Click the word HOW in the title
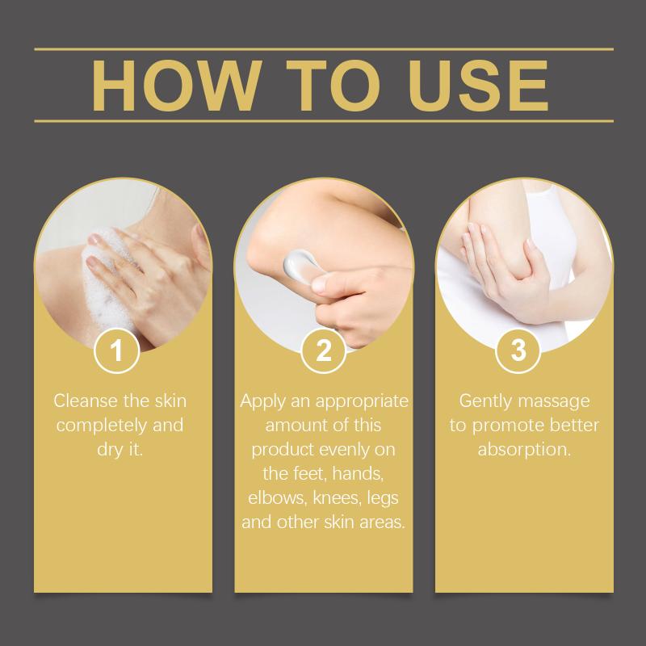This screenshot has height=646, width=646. pos(176,86)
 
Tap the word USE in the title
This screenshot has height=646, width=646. pos(478,86)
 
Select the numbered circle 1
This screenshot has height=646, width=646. pos(116,350)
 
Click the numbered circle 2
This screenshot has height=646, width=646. pos(324,350)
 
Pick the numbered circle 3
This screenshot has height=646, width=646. pos(518,350)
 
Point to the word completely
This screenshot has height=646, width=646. pos(103,426)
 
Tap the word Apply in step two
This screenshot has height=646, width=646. pos(262,401)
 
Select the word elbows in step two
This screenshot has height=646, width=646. pos(278,497)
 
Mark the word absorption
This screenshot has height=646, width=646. pos(524,450)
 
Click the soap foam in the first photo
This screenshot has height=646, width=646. pos(108,280)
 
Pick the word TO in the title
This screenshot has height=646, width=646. pos(333,86)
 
